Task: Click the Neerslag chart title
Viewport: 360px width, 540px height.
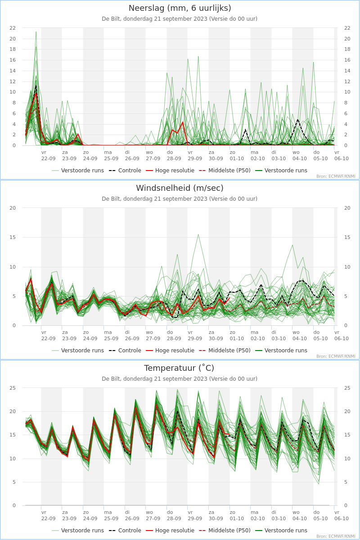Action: point(180,8)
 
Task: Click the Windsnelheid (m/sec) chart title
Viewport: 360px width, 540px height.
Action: point(180,188)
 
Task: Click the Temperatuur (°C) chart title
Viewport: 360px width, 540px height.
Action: point(179,368)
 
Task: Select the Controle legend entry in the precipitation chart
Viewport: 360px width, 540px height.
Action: point(125,171)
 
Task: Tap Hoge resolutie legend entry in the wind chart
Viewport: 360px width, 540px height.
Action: point(170,350)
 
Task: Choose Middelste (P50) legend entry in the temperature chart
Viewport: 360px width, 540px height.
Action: point(225,531)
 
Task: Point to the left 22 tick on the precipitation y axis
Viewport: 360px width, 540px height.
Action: point(13,28)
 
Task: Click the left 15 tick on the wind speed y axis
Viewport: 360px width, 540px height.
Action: point(13,237)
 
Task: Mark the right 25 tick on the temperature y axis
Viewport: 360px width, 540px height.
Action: point(347,388)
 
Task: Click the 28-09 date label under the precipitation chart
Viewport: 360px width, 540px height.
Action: point(174,158)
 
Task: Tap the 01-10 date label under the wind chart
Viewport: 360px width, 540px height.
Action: point(237,338)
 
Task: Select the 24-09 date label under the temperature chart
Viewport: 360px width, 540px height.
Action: point(90,518)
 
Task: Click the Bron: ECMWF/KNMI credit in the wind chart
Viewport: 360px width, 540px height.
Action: point(336,356)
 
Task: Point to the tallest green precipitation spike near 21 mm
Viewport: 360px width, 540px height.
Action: point(36,31)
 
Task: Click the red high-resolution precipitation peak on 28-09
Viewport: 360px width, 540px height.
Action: point(183,122)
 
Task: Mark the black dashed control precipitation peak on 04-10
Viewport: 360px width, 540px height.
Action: point(298,119)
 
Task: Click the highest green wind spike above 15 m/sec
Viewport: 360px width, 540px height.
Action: point(198,234)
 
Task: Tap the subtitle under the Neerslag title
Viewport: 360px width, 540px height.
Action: point(180,19)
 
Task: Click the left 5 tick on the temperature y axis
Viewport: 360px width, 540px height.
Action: point(14,482)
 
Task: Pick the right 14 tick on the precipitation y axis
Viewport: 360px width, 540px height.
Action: point(347,71)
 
